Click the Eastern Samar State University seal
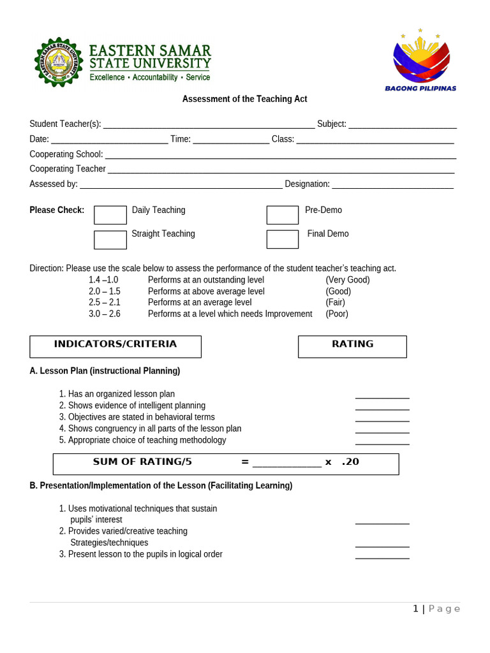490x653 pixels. [59, 62]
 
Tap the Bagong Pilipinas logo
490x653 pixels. [420, 59]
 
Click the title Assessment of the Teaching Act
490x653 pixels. [244, 99]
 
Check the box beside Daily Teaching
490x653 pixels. [110, 215]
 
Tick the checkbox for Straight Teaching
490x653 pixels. [110, 239]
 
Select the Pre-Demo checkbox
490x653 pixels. [282, 215]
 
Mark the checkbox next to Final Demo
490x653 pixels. [282, 239]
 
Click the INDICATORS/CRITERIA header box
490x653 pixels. [115, 346]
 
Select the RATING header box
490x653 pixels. [352, 346]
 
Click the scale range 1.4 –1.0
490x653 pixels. [103, 280]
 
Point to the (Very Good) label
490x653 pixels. [348, 280]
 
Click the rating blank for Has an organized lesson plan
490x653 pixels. [382, 397]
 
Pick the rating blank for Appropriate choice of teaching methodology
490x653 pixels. [382, 443]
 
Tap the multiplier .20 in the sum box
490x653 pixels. [350, 462]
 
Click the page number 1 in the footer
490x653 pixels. [416, 609]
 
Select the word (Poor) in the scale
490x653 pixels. [337, 314]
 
